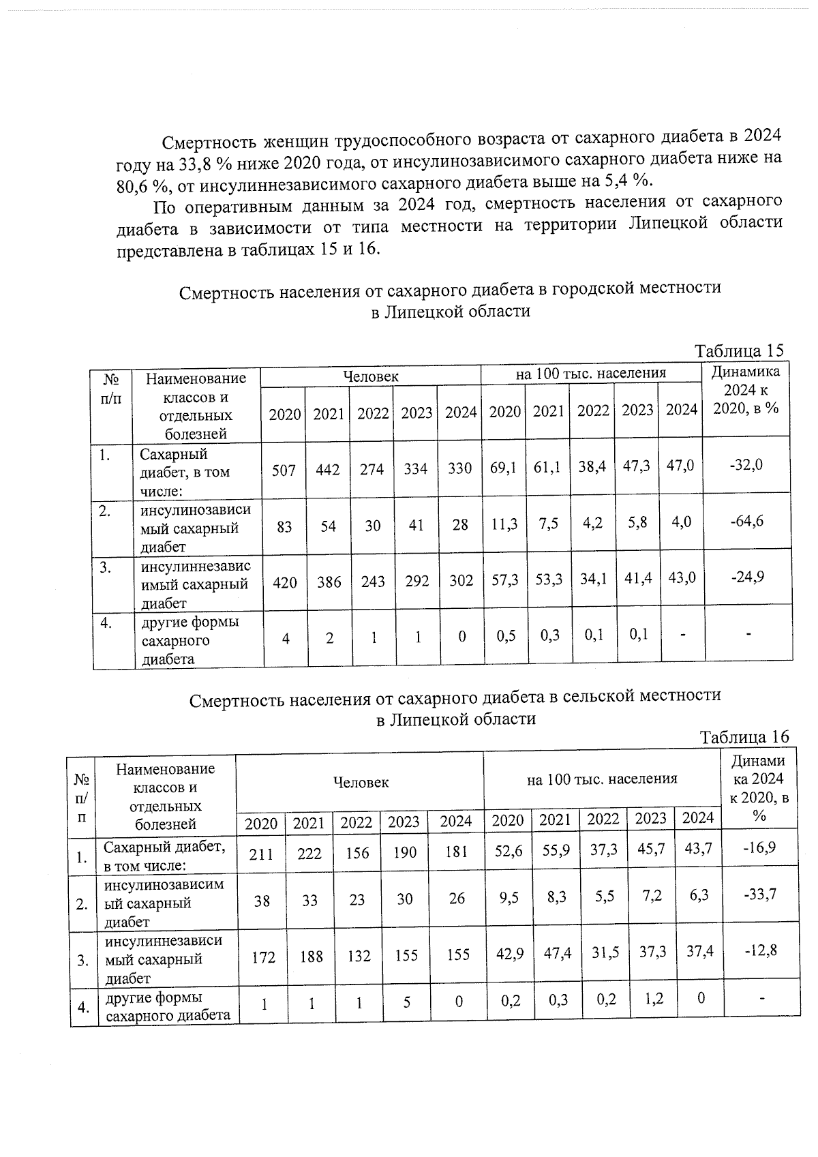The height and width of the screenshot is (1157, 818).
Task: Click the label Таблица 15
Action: tap(739, 351)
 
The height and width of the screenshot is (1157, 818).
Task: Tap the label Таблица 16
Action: tap(744, 737)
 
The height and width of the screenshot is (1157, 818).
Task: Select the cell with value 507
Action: tap(284, 469)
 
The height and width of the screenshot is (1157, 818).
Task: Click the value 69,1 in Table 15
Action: tap(504, 468)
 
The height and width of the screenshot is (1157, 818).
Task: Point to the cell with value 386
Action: tap(329, 582)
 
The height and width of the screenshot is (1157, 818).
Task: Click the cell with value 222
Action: tap(309, 853)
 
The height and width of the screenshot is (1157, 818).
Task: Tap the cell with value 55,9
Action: tap(554, 850)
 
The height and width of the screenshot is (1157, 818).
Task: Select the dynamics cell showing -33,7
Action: tap(759, 894)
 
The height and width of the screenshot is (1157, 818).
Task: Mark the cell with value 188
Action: tap(311, 957)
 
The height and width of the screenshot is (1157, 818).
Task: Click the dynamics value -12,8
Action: tap(759, 950)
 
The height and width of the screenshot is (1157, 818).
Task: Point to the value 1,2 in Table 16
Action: tap(650, 1000)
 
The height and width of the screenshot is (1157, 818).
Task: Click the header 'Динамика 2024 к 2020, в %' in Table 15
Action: tap(746, 390)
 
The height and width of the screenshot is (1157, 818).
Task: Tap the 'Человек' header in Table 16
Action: tap(361, 783)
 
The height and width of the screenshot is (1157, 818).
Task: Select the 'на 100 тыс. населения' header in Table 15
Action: tap(590, 373)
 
